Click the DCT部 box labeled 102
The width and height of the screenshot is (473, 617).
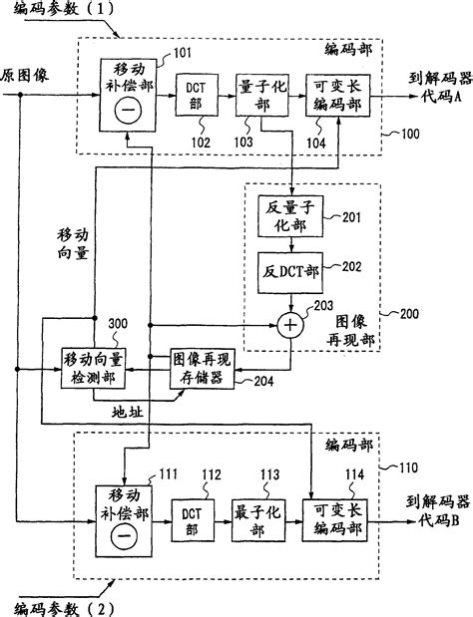pyautogui.click(x=194, y=96)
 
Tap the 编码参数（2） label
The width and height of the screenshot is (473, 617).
pyautogui.click(x=65, y=604)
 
